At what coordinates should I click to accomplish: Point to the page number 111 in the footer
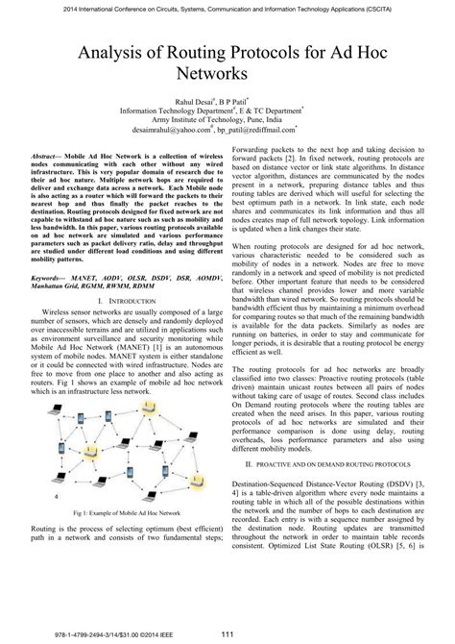coord(228,631)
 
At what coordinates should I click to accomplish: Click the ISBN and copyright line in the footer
coord(86,632)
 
